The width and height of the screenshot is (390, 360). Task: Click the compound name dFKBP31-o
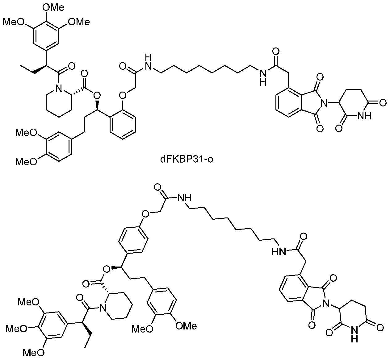tap(187, 159)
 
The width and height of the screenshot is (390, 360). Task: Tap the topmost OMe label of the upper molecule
tap(53, 8)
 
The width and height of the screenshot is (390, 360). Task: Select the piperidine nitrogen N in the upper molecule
tap(59, 89)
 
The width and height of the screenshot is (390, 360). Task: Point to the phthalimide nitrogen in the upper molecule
tap(325, 102)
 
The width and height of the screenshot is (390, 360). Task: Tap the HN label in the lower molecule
tap(279, 252)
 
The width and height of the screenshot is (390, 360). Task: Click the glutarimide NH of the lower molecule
tap(354, 333)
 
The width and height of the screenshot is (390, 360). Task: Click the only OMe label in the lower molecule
tap(186, 326)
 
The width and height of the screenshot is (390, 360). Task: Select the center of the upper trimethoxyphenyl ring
tap(46, 35)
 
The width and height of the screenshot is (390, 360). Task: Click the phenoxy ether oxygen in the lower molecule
tap(145, 214)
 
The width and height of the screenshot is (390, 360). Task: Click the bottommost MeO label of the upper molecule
tap(26, 162)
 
